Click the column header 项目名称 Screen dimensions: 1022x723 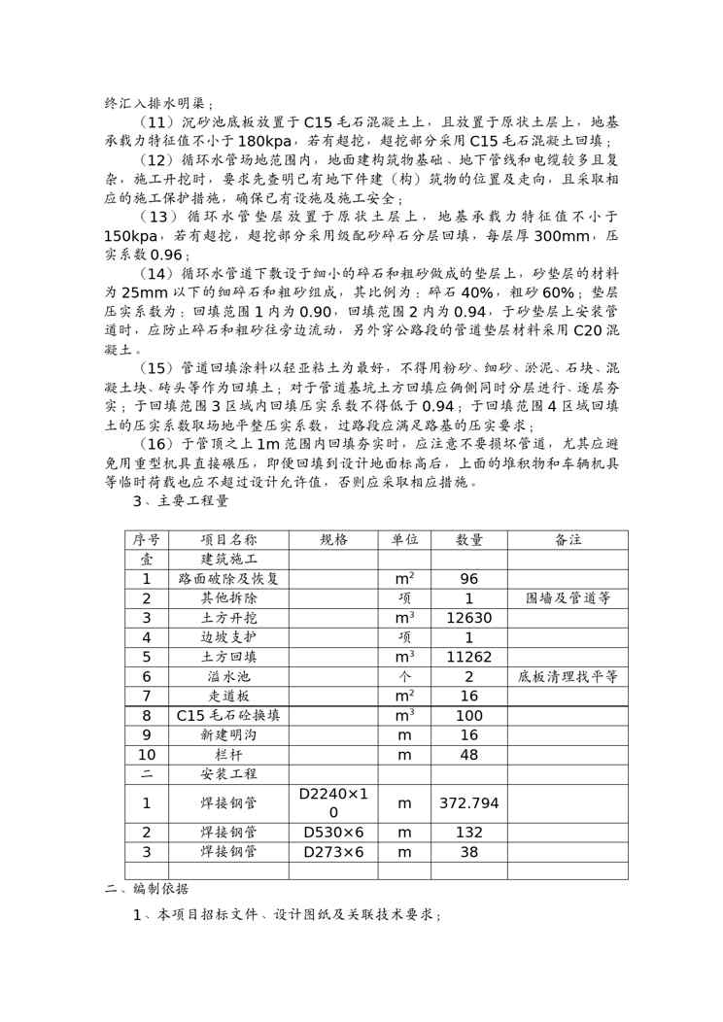pos(228,540)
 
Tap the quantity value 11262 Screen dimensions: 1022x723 pos(468,657)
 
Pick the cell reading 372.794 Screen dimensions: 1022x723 pos(468,803)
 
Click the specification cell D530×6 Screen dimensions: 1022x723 pos(333,833)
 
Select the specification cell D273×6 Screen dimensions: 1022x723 pos(333,852)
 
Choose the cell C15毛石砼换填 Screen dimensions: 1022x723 pos(228,715)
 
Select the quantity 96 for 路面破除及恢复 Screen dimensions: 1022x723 pos(468,579)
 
